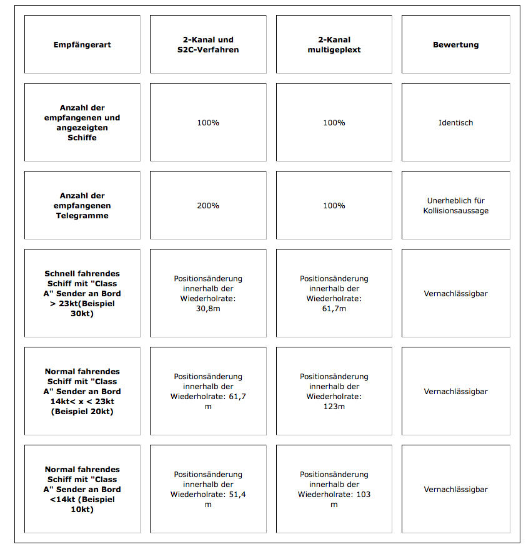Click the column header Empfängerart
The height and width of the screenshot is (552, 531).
point(82,45)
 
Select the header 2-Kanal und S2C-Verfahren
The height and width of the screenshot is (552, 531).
point(208,45)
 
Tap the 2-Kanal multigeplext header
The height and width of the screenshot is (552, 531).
point(334,45)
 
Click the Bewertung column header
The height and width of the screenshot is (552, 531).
point(455,45)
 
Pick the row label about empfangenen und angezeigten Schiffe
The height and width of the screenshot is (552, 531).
point(82,123)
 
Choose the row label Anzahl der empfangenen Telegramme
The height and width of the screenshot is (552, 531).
point(82,206)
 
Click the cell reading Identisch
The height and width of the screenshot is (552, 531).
point(455,123)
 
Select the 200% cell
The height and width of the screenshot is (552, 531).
point(208,206)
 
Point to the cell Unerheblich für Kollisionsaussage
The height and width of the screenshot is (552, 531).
point(455,206)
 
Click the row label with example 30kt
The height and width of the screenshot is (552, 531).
point(82,293)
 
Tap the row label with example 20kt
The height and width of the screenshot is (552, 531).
point(82,392)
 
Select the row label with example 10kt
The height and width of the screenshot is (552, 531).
point(82,490)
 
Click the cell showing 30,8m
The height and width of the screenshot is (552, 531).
point(208,293)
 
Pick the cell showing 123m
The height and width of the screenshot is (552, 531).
point(334,392)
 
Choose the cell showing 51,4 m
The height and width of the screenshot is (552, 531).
point(208,490)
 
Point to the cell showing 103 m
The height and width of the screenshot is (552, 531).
point(334,490)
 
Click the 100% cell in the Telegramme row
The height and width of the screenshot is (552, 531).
point(334,206)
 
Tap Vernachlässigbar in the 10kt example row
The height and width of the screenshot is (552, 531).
point(455,490)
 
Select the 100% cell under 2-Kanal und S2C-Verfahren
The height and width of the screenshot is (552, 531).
point(208,123)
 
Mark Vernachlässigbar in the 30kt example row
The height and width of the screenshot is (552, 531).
point(455,293)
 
